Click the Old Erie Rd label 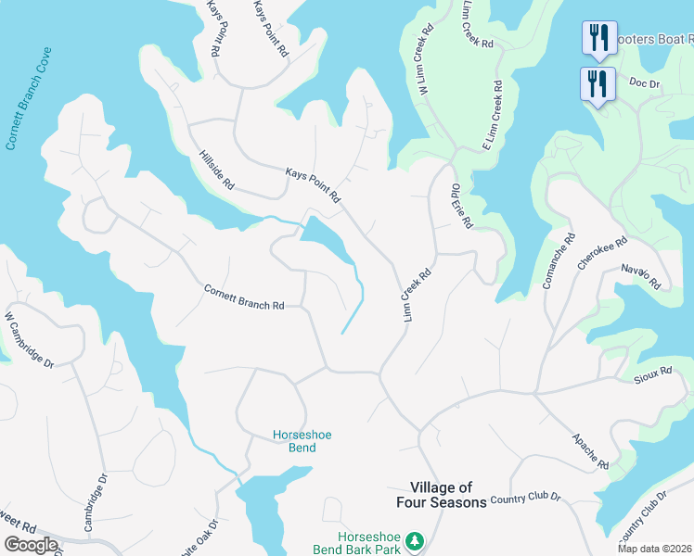point(462,206)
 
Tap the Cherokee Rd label point(602,252)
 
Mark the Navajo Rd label point(641,275)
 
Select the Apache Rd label point(590,451)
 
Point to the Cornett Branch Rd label point(243,297)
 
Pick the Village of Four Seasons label point(448,495)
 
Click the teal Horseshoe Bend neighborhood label point(294,441)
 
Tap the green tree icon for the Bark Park point(417,539)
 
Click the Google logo point(31,544)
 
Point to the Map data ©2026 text point(654,549)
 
